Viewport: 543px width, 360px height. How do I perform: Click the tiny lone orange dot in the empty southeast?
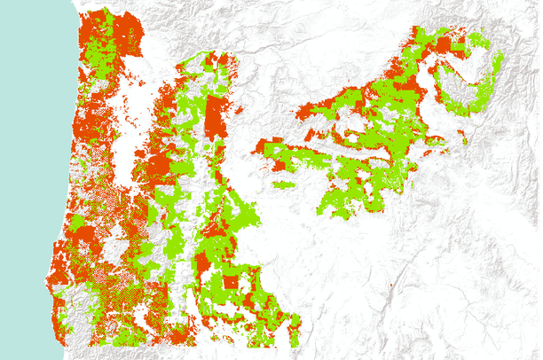point(390,286)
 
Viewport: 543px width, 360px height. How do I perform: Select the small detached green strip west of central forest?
point(283,184)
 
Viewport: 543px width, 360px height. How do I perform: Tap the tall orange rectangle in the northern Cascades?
point(214,119)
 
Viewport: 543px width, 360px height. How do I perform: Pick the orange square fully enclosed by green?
point(231,282)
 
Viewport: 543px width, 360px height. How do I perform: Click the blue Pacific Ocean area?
point(27,133)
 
